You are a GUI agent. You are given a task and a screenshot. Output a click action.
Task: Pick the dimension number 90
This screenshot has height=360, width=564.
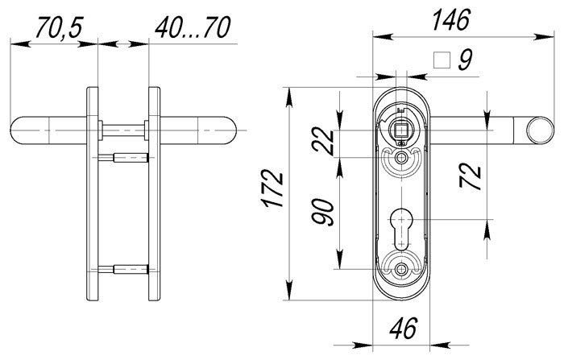[326, 215]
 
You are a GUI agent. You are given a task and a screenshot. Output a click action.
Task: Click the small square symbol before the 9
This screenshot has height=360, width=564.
[441, 60]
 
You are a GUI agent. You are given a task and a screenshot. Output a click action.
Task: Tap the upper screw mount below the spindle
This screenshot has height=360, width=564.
[400, 160]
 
